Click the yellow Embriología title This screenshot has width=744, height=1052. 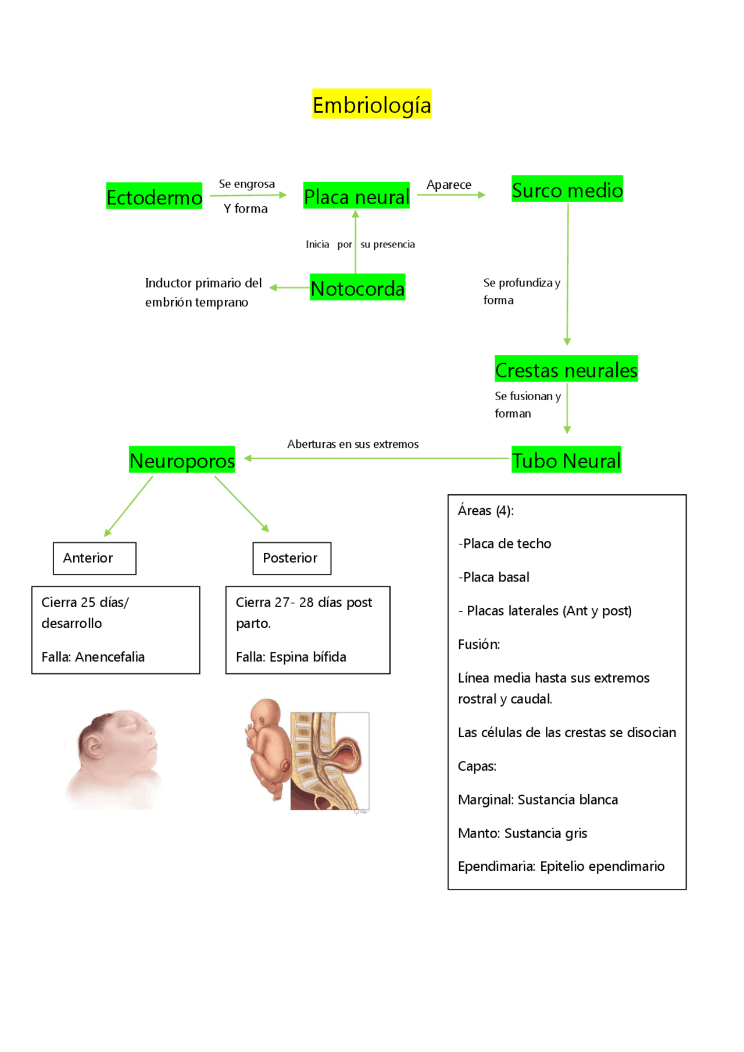[x=371, y=105]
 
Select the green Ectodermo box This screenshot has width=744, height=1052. [x=154, y=197]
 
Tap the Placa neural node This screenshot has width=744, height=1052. [x=356, y=196]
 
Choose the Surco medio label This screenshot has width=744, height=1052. [x=567, y=189]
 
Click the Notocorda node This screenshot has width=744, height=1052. [x=357, y=288]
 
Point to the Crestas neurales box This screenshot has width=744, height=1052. [x=566, y=369]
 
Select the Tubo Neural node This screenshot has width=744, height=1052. [x=566, y=460]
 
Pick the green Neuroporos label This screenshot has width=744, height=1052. [x=182, y=460]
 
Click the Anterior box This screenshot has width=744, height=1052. [x=94, y=558]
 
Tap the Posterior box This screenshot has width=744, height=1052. [x=292, y=558]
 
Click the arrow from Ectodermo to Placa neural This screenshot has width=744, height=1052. [x=248, y=195]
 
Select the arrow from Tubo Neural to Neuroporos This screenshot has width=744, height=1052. [x=378, y=458]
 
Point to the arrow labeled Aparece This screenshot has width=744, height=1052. [x=451, y=195]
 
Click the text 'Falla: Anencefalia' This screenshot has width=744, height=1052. [x=93, y=657]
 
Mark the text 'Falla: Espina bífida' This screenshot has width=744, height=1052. [x=291, y=657]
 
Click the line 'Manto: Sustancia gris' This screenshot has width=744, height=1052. [x=522, y=833]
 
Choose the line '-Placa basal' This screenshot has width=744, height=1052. [x=493, y=577]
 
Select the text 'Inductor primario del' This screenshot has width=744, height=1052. [x=203, y=283]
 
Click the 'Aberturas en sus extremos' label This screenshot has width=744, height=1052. [x=353, y=444]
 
